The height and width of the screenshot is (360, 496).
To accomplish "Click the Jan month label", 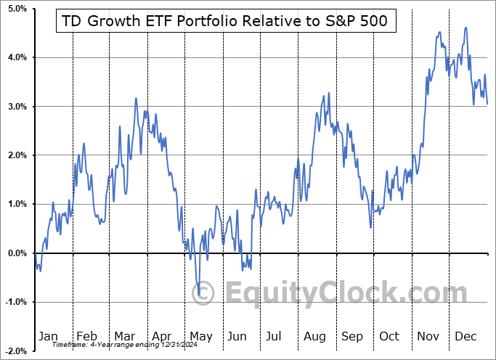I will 47,336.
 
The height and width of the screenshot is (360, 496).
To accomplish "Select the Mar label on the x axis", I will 124,336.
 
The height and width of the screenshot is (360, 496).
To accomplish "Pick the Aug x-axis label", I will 315,336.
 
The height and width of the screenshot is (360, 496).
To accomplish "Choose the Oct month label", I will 390,336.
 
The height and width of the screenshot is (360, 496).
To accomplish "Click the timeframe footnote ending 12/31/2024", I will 109,345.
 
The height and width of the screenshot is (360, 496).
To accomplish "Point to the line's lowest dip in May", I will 199,295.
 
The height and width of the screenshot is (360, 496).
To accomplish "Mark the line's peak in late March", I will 136,98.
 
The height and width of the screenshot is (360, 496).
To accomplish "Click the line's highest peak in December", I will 465,28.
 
